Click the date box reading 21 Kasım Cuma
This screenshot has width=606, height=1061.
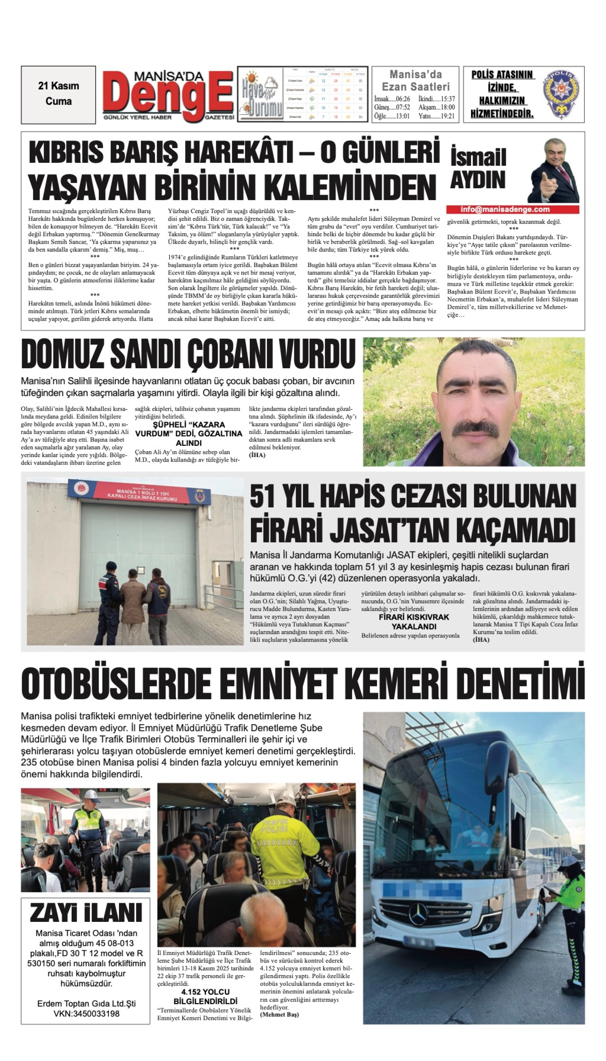coord(58,94)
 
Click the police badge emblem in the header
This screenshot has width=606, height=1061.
coord(561,94)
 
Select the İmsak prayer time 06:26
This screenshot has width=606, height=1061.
coord(392,99)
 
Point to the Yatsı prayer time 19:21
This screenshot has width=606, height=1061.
coord(437,116)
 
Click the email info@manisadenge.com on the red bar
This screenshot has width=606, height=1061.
coord(505,209)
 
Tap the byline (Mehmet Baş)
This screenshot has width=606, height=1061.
coord(279,1015)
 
